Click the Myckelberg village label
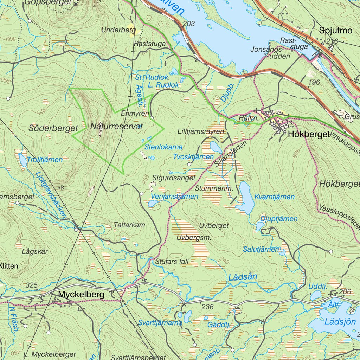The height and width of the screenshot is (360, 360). [82, 294]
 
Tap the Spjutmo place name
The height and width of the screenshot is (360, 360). [335, 31]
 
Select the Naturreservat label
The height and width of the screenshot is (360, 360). [116, 127]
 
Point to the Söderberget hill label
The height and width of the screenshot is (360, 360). [53, 129]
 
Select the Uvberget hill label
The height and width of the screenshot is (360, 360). [213, 225]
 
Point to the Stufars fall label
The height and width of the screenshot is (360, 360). [172, 262]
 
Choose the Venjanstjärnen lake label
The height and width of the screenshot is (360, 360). [174, 196]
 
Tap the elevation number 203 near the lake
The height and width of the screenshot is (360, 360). [189, 24]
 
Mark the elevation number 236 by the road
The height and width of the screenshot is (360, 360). [207, 307]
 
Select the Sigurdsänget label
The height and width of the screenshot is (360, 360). [174, 178]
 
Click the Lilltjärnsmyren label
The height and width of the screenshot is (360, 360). [201, 131]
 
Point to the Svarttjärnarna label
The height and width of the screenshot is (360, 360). [160, 322]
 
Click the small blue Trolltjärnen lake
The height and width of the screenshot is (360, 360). [22, 160]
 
